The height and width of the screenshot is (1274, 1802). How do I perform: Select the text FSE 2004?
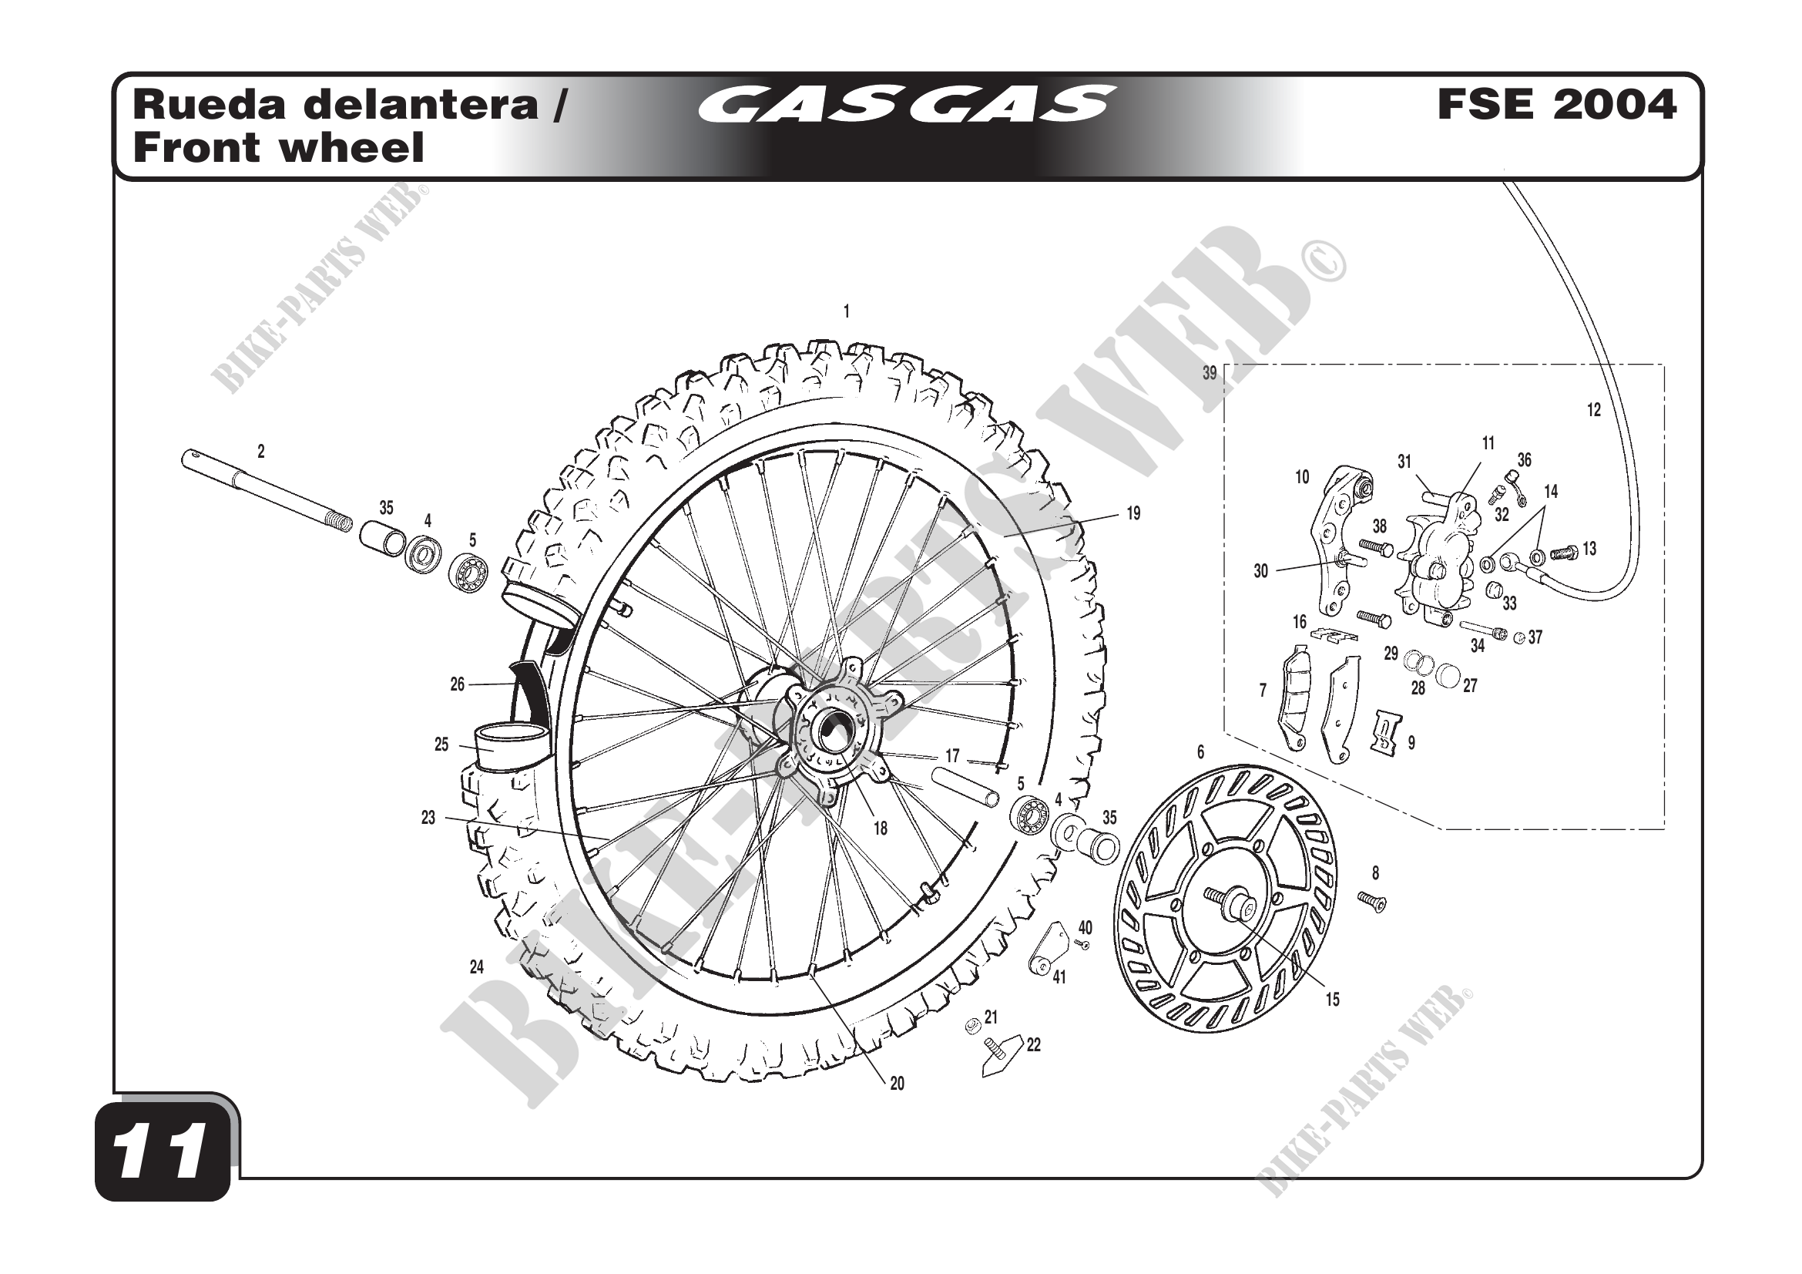point(1555,105)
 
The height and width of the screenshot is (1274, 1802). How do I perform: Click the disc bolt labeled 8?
point(1372,903)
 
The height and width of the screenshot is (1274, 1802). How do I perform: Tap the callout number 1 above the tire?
point(846,311)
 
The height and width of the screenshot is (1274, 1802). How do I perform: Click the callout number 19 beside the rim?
point(1133,513)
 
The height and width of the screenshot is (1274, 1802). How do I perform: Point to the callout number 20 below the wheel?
point(897,1084)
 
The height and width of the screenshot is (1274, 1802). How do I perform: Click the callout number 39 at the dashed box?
point(1210,374)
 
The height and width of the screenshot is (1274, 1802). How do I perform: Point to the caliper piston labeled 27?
point(1449,674)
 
